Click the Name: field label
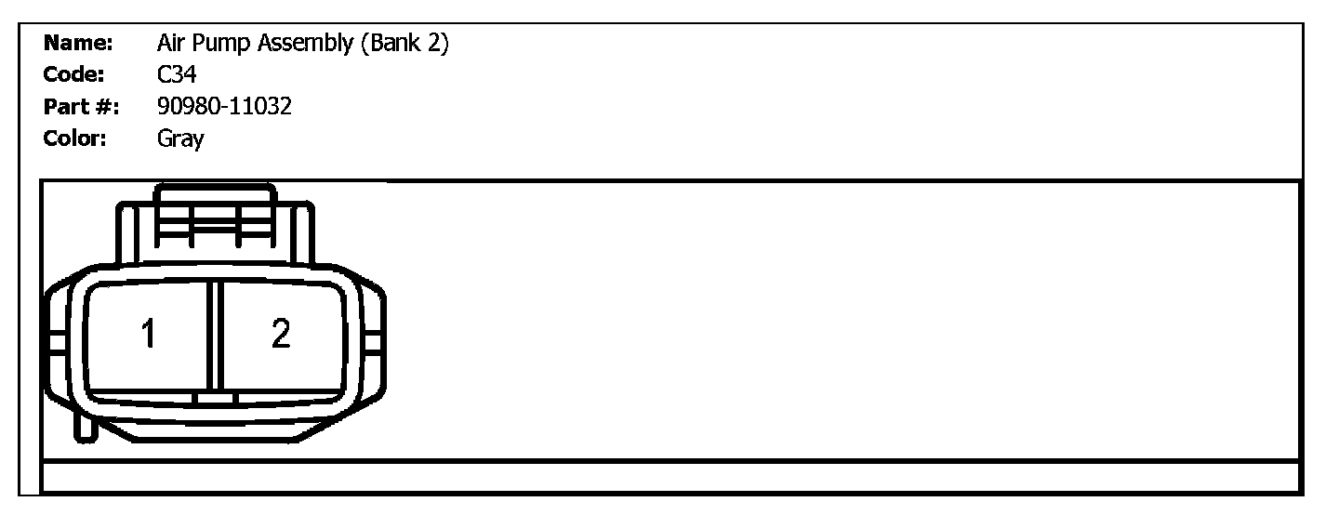(x=78, y=44)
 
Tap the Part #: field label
(x=81, y=107)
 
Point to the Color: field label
(x=76, y=139)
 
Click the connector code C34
(x=177, y=75)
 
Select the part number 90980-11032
(x=224, y=107)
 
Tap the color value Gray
(x=180, y=139)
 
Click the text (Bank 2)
(x=404, y=44)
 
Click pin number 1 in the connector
(x=148, y=333)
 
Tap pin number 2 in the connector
(x=280, y=333)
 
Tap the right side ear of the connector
(x=375, y=342)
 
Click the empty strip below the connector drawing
(x=669, y=476)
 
